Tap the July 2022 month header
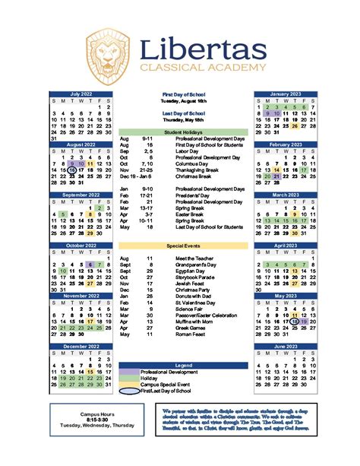[x=81, y=94]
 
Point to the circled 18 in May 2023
[x=294, y=322]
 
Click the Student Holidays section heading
[x=183, y=132]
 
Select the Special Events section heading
[x=183, y=246]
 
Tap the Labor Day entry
[x=187, y=151]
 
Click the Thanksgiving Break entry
[x=197, y=170]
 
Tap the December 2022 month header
[x=81, y=346]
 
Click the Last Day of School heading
[x=183, y=112]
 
